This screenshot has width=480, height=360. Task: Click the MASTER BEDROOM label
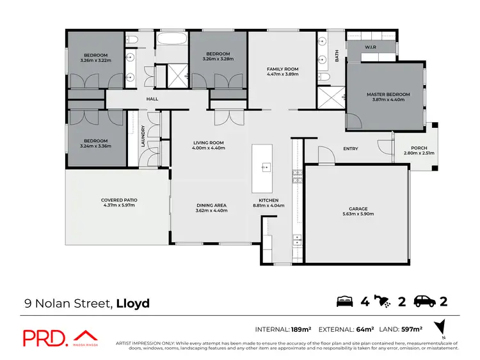pyautogui.click(x=388, y=95)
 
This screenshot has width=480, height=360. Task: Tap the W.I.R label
pyautogui.click(x=370, y=47)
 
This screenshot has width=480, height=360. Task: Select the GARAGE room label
pyautogui.click(x=358, y=208)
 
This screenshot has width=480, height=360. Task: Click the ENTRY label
pyautogui.click(x=350, y=149)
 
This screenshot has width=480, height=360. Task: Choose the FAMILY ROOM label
pyautogui.click(x=282, y=69)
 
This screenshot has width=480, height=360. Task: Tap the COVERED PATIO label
pyautogui.click(x=119, y=200)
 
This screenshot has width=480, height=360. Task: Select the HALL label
pyautogui.click(x=152, y=99)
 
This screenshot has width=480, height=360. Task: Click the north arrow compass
pyautogui.click(x=438, y=327)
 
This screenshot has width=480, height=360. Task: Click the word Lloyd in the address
pyautogui.click(x=132, y=303)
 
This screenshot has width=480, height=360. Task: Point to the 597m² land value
pyautogui.click(x=411, y=330)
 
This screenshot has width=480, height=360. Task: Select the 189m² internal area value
pyautogui.click(x=300, y=330)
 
